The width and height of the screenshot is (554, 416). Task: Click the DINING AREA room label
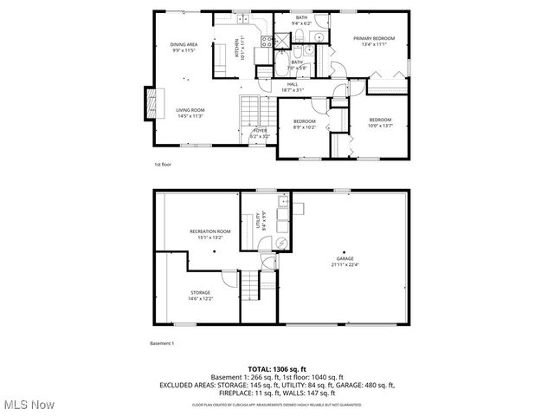tap(184, 43)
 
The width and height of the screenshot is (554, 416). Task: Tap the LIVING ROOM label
tap(190, 110)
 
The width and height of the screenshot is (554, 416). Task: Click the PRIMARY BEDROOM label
tap(374, 38)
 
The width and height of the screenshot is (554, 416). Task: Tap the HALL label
tap(292, 84)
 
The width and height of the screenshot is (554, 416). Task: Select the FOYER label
tap(260, 131)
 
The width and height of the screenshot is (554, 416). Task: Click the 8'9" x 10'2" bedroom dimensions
tap(304, 127)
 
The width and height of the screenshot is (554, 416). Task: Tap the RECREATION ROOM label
tap(210, 231)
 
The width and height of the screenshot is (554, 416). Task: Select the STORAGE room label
tap(200, 293)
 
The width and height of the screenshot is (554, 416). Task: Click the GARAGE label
tap(345, 259)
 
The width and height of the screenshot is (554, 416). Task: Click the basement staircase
tap(250, 283)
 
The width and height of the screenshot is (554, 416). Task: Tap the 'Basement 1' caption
tap(162, 344)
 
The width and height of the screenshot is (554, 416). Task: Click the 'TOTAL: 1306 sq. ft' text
tap(277, 368)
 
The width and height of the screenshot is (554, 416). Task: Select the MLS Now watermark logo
tap(29, 405)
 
